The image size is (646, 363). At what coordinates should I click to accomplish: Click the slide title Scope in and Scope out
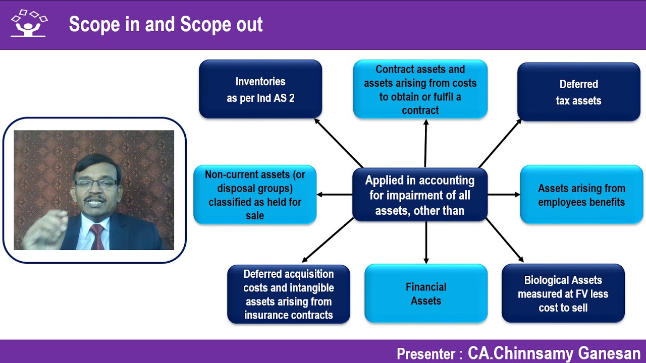coord(166,25)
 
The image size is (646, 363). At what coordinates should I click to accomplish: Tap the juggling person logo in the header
coord(29,24)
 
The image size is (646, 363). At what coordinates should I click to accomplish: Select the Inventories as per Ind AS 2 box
coord(260,89)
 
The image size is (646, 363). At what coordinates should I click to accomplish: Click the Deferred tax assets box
coord(578,92)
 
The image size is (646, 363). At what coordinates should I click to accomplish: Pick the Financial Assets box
coord(426,293)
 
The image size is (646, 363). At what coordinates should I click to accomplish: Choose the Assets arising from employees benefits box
coord(581,195)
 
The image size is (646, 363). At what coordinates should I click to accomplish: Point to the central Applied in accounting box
coord(419,195)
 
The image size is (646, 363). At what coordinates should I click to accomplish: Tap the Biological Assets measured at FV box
coord(563,293)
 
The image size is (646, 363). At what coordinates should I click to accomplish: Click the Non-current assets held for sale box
coord(255,195)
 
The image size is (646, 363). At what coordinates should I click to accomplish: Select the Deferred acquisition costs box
coord(288,294)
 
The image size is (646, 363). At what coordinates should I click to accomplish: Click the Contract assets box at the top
coord(420,89)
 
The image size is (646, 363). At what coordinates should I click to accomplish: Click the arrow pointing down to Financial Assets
coord(426,242)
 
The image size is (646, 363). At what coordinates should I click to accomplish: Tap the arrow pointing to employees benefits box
coord(504,195)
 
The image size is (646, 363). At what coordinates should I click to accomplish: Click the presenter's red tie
coord(97,237)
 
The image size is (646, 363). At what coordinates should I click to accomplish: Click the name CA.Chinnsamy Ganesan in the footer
coord(554,353)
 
